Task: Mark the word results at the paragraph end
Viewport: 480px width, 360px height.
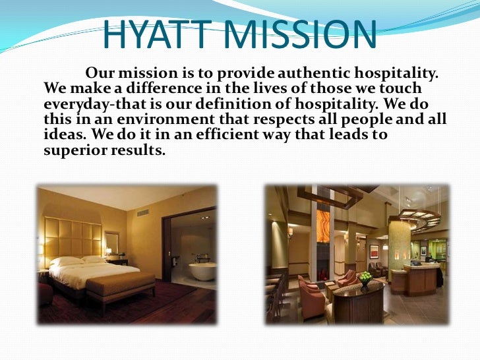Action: pyautogui.click(x=139, y=151)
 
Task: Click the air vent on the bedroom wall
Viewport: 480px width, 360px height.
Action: pyautogui.click(x=142, y=213)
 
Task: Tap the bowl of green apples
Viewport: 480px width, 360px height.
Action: pyautogui.click(x=365, y=278)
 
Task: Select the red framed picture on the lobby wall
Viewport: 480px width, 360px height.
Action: pyautogui.click(x=374, y=251)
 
